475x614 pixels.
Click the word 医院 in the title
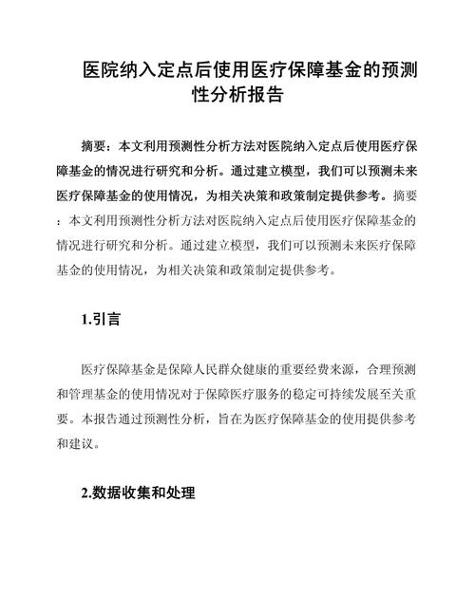(98, 72)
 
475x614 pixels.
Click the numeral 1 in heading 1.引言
(85, 320)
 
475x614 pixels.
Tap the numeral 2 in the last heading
(85, 493)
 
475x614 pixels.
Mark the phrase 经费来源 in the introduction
(325, 368)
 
